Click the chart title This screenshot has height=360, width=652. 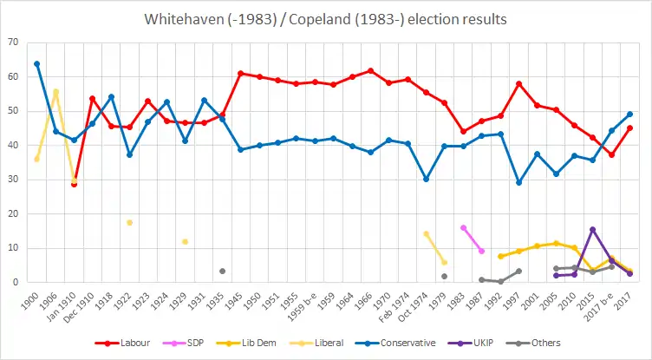[325, 18]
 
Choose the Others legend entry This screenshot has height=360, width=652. [540, 344]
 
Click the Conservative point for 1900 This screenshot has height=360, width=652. [36, 63]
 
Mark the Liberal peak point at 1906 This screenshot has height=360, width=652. [55, 91]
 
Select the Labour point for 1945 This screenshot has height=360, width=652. [240, 74]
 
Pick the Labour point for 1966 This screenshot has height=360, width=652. [370, 70]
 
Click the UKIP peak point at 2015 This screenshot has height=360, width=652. [592, 229]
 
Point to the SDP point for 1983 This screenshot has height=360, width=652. [463, 227]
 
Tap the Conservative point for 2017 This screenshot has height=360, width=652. [629, 114]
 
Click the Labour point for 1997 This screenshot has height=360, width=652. [518, 83]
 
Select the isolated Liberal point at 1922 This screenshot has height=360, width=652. [129, 222]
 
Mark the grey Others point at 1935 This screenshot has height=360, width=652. [222, 271]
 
